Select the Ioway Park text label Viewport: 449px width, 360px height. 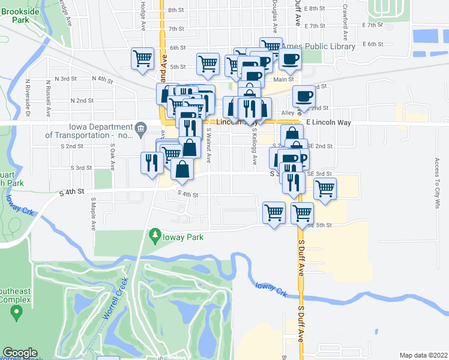click(179, 238)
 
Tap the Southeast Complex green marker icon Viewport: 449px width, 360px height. click(17, 311)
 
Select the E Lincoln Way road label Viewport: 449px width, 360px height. click(327, 122)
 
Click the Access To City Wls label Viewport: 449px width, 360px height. click(438, 183)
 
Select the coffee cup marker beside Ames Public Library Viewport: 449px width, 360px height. click(290, 59)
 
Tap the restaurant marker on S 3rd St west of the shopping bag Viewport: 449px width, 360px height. click(151, 163)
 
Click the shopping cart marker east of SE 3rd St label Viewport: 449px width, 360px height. click(325, 188)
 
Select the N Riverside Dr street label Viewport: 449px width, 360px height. click(28, 97)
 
